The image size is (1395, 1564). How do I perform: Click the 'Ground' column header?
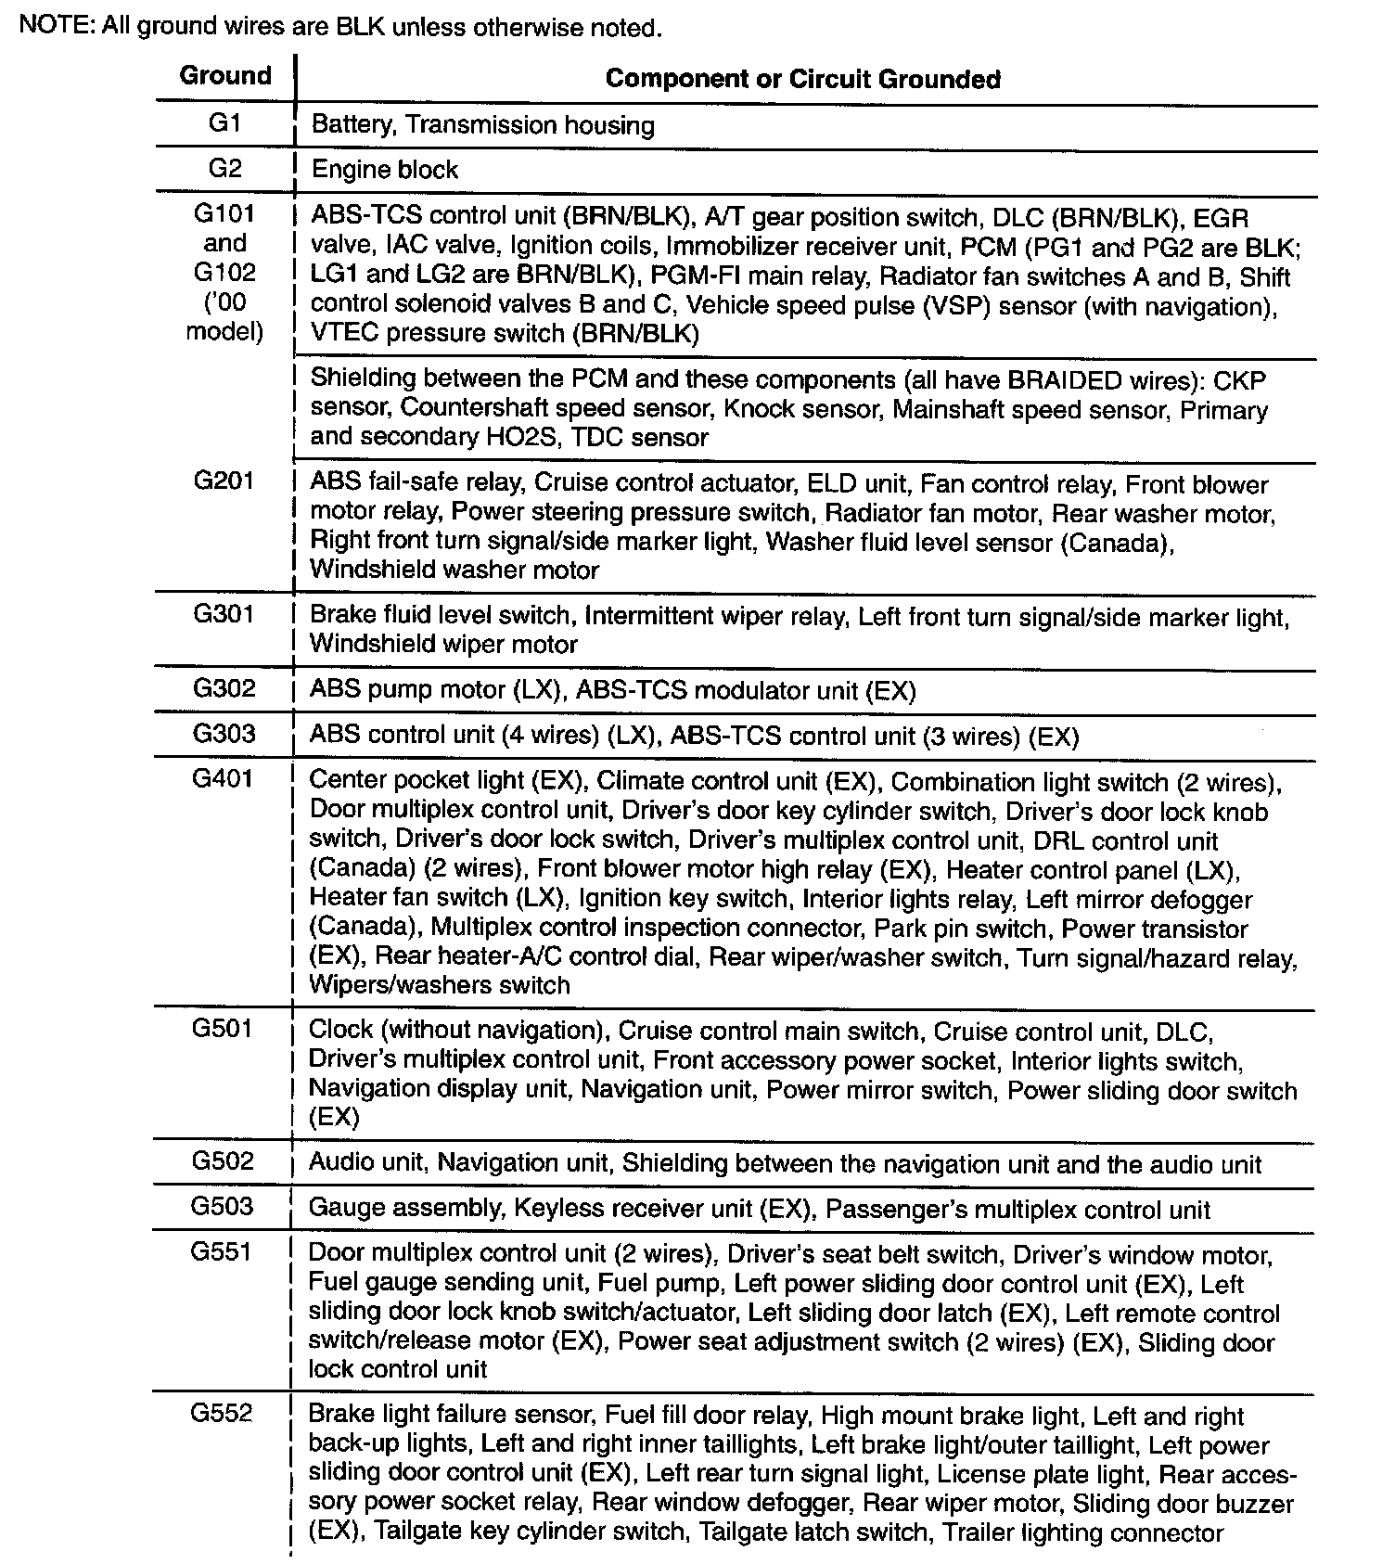(225, 75)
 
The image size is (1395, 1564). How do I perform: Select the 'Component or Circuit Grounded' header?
(802, 79)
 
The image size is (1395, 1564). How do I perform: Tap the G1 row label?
(224, 123)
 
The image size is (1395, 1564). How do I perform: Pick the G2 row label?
(224, 168)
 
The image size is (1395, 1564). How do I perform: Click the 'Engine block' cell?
(384, 170)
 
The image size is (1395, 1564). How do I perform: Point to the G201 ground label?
(224, 481)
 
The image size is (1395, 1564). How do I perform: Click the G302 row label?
(224, 688)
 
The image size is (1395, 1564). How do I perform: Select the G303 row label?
(224, 734)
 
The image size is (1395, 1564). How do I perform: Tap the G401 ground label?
(223, 778)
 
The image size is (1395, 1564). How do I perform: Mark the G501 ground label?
(223, 1028)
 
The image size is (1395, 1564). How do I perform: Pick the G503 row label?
(223, 1206)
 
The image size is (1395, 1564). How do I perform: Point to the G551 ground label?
(222, 1251)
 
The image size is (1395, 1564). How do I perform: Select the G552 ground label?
(222, 1413)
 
